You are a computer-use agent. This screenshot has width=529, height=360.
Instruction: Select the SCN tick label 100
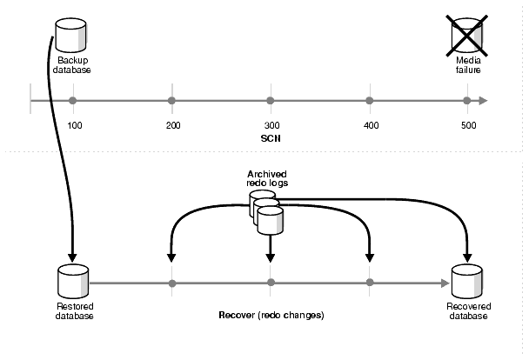coord(74,127)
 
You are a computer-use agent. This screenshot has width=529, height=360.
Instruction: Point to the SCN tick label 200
coord(172,127)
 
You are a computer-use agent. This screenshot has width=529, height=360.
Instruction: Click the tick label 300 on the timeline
coord(271,127)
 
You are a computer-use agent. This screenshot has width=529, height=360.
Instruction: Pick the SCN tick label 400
coord(370,127)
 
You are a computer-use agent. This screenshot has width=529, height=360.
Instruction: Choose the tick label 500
coord(468,127)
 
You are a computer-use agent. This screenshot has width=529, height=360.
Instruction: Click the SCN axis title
coord(270,139)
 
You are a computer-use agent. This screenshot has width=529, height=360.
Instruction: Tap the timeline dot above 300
coord(271,101)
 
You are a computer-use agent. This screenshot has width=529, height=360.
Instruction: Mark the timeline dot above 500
coord(468,101)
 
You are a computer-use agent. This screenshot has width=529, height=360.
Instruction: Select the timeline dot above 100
coord(73,101)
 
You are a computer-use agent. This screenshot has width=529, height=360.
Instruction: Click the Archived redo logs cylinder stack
coord(269,213)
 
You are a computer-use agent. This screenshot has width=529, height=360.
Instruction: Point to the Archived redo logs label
coord(266,179)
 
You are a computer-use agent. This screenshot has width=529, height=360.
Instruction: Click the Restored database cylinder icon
coord(71,282)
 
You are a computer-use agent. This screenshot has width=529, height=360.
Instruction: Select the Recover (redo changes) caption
coord(270,314)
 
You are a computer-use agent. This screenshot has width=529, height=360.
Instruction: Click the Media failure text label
coord(468,65)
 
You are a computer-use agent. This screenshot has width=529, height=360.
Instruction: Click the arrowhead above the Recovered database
coord(467,257)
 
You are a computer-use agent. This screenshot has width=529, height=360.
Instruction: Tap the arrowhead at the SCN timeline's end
coord(483,101)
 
